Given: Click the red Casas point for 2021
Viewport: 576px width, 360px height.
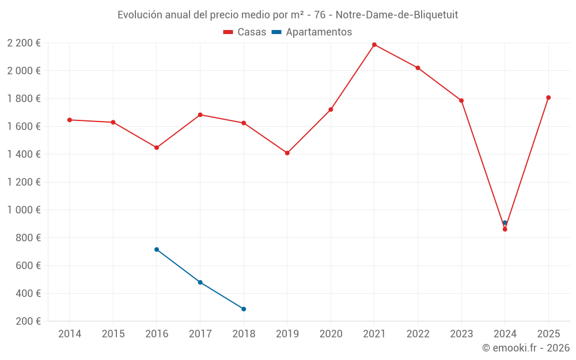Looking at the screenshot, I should (374, 45).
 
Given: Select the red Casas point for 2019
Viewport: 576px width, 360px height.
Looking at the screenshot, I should (287, 153).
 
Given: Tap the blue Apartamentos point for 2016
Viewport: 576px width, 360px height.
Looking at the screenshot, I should (157, 249).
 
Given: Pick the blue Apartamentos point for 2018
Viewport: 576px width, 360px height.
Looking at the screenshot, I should (244, 309).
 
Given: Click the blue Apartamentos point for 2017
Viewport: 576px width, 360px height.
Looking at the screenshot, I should (200, 282).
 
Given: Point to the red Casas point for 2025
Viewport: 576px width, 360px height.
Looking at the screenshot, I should (548, 97).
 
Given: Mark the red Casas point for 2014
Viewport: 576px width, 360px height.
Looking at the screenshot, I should (70, 120).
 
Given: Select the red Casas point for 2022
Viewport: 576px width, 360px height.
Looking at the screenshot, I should (418, 68).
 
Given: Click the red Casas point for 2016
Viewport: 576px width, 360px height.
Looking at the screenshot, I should (157, 147).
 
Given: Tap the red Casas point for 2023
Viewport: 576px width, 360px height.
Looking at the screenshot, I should (461, 101).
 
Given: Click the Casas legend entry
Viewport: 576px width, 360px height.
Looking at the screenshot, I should (245, 32).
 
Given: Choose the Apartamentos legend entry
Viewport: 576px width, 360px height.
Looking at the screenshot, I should (312, 32).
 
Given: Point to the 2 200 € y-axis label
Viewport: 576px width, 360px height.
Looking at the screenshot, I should (24, 43).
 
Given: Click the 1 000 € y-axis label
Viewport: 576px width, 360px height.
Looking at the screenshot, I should (24, 210).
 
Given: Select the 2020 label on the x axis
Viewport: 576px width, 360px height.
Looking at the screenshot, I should (331, 334).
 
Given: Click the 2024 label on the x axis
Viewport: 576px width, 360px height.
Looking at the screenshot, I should (505, 334).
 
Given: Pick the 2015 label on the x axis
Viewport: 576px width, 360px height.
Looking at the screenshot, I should (113, 334).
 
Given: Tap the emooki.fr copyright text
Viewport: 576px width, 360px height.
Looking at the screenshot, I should (525, 348).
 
